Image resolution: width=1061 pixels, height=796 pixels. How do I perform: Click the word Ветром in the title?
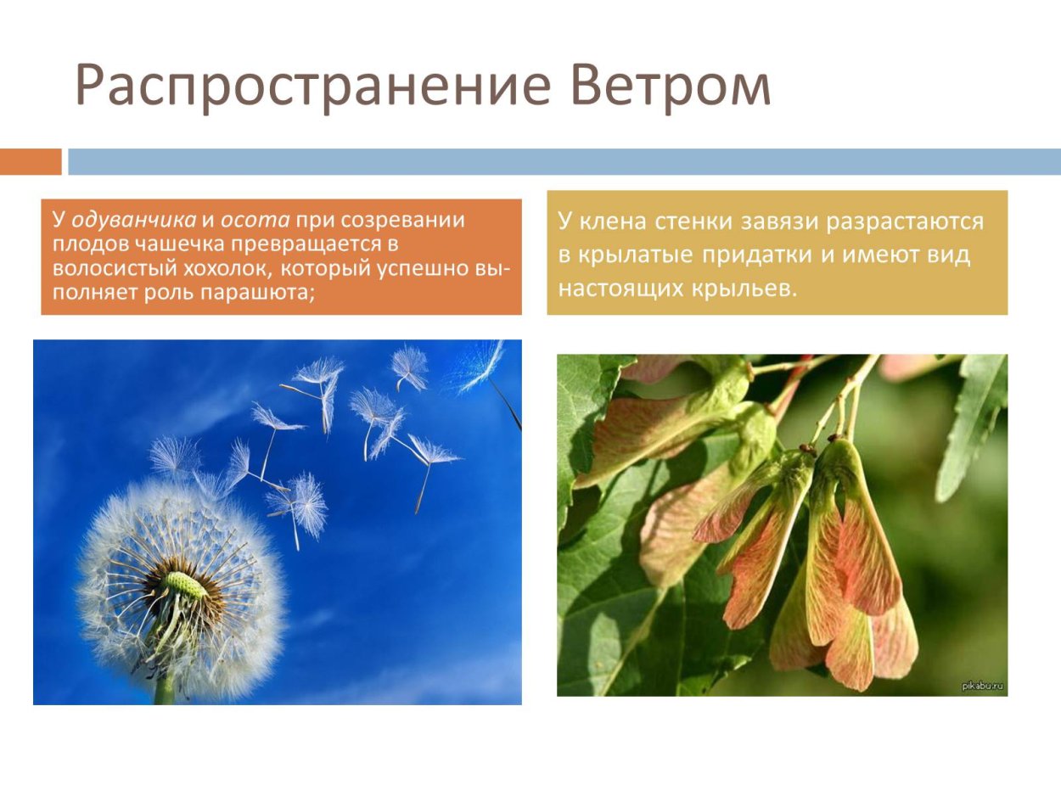click(x=671, y=85)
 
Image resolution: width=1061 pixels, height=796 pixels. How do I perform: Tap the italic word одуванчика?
click(x=133, y=221)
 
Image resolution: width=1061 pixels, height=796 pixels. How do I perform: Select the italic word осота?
click(x=255, y=221)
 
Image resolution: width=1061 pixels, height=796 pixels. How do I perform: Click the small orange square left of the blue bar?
click(x=31, y=161)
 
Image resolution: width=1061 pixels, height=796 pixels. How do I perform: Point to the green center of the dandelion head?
click(x=184, y=585)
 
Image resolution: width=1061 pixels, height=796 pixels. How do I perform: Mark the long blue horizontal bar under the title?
click(x=564, y=161)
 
